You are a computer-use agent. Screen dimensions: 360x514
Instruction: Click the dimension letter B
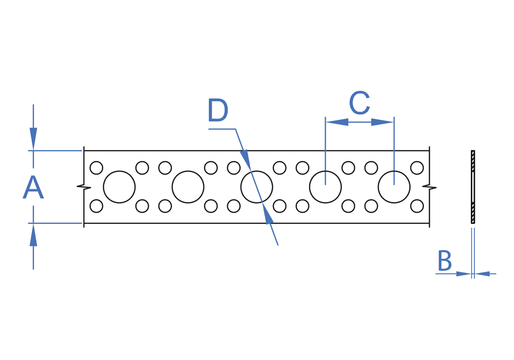point(444,261)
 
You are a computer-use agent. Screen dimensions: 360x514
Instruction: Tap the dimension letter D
point(218,111)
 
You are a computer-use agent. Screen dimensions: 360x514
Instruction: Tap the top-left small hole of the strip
point(96,168)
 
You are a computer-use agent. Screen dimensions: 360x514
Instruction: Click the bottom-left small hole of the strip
point(96,206)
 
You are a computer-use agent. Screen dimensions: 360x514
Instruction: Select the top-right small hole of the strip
point(417,168)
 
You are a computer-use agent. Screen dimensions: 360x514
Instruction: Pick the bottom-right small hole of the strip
point(417,206)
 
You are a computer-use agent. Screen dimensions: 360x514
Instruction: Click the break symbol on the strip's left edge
point(81,187)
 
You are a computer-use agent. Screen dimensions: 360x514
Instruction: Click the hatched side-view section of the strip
point(473,187)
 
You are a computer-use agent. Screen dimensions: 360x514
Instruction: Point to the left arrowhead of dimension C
point(337,122)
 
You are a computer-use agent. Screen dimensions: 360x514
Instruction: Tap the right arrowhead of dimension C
point(382,122)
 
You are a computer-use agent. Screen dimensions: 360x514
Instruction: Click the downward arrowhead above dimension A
point(33,139)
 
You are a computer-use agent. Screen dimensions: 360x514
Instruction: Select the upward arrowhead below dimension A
point(33,235)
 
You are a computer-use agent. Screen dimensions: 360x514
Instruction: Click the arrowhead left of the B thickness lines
point(463,274)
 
